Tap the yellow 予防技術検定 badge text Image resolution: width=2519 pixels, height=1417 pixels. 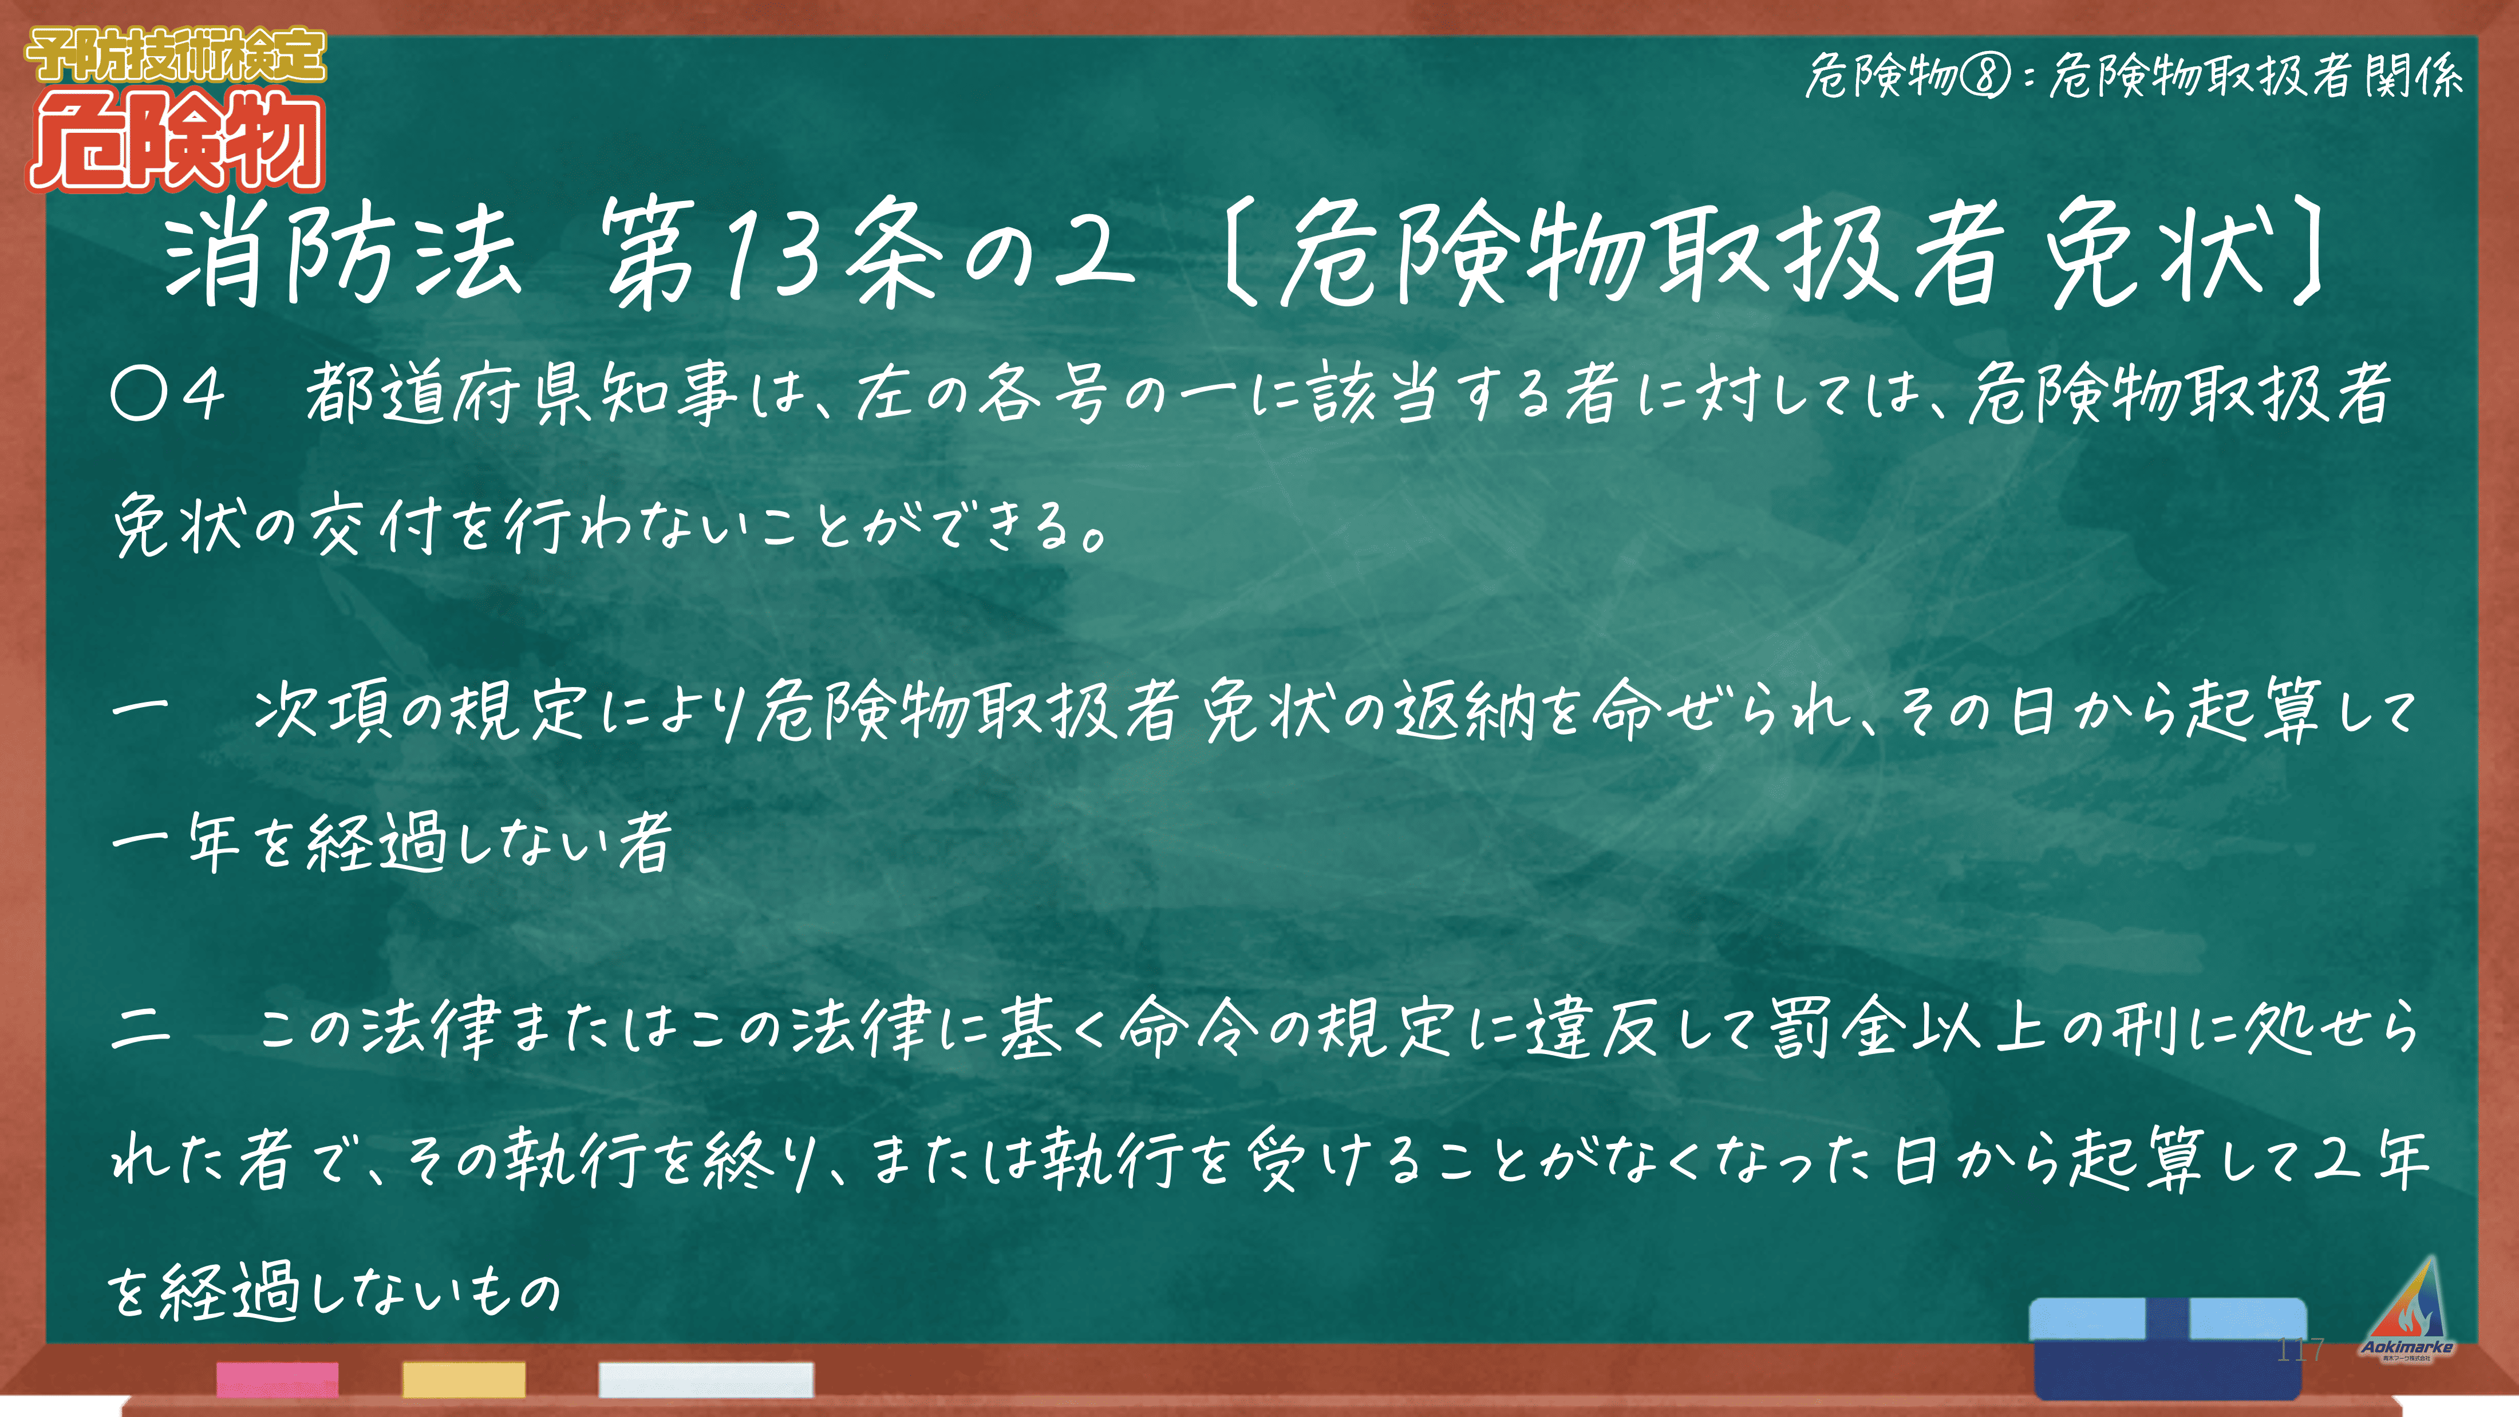tap(176, 56)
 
